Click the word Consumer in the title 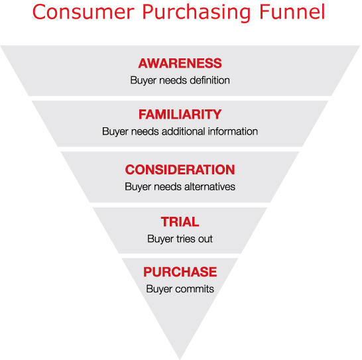83,12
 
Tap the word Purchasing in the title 196,13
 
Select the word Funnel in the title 292,12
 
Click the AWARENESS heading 180,63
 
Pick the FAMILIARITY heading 180,114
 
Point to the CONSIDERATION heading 180,170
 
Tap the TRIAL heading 180,221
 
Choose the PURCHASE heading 180,272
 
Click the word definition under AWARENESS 210,80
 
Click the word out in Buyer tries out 206,239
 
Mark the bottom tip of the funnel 180,359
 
